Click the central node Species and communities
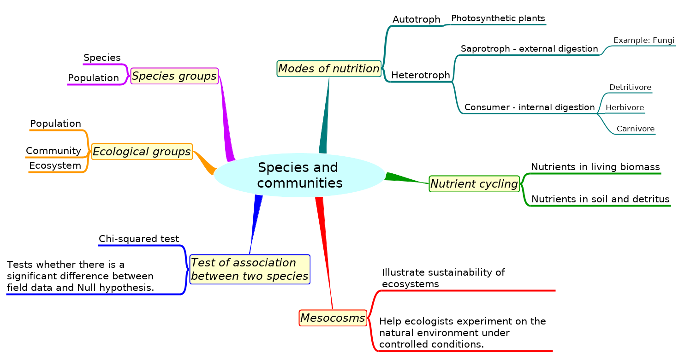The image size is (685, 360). coord(299,175)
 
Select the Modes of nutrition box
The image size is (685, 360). coord(329,69)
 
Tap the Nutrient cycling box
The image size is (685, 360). coord(474,184)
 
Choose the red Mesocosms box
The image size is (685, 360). coord(333,318)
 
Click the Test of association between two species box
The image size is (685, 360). coord(250,269)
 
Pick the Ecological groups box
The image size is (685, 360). coord(142,151)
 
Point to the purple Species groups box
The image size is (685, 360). coord(174,76)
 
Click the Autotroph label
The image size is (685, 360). coord(416,19)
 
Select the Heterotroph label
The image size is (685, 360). coord(420,75)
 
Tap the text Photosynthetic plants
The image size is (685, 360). coord(498,18)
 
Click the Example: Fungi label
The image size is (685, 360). coord(643,41)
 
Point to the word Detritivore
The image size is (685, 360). coord(630,88)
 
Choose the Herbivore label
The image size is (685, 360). coord(624,108)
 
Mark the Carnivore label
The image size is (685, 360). coord(635,129)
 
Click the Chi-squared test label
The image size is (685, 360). coord(138,239)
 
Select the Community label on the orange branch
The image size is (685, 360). coord(53,151)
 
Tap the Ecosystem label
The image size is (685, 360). coord(55,165)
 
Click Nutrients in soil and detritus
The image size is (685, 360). coord(600,199)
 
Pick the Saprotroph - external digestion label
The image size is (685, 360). coord(529,49)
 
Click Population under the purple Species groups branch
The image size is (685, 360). coord(93,78)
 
